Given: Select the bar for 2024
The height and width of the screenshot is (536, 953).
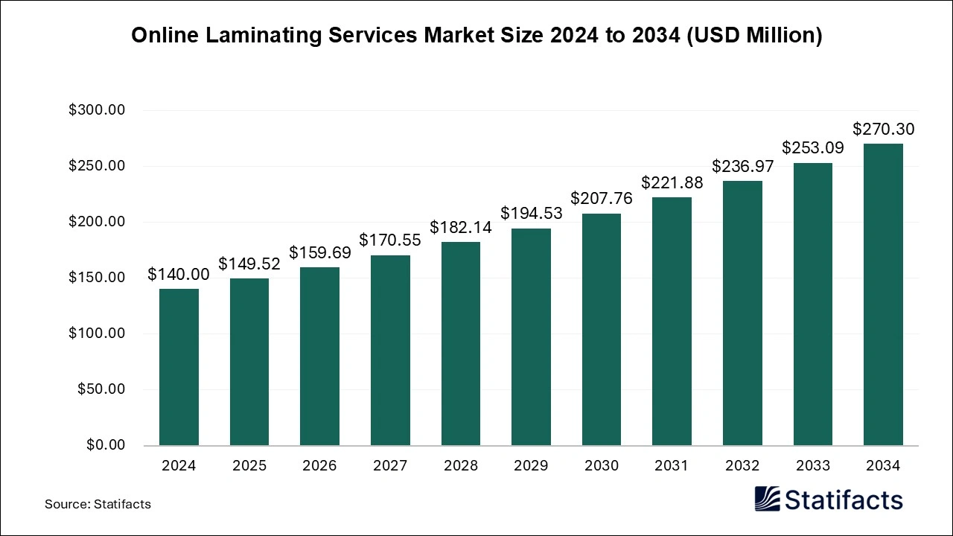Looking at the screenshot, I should tap(179, 367).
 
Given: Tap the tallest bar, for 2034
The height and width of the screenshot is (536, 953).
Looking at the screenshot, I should tap(883, 295).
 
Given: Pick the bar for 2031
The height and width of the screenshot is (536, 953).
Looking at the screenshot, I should tap(672, 322).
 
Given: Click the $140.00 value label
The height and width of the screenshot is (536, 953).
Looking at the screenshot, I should tap(179, 275).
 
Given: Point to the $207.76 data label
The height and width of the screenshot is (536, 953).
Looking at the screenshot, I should tap(602, 199).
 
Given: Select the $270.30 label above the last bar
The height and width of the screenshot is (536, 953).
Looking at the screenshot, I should tap(883, 130).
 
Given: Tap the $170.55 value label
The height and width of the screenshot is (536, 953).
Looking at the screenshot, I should tap(390, 240).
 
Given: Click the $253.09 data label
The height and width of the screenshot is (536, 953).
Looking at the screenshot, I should tap(812, 148).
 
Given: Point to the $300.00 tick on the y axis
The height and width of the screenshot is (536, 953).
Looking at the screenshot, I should tap(97, 110).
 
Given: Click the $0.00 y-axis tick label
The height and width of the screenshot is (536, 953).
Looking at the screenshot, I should tap(106, 445).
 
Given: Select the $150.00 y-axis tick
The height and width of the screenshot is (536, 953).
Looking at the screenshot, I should tap(97, 278).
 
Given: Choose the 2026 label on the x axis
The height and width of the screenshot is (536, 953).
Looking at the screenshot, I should tap(319, 466).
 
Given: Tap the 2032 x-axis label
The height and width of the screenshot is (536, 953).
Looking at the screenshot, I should tap(742, 466).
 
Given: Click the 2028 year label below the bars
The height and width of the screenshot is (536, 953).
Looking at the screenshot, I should tap(460, 466).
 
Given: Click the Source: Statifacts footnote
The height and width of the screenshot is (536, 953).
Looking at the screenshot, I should tap(98, 504).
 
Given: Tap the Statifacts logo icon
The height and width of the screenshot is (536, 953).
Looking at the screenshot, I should tap(767, 499).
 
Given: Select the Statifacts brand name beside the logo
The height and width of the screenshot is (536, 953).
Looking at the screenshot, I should tap(844, 500).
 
